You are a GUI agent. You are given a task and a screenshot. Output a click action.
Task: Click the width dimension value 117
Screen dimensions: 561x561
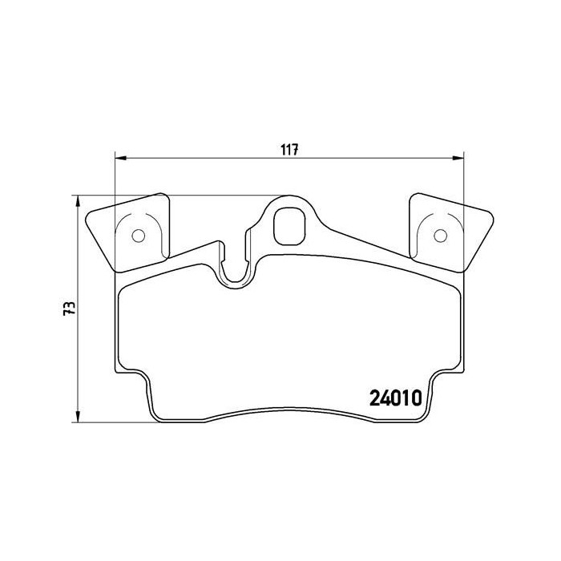point(289,147)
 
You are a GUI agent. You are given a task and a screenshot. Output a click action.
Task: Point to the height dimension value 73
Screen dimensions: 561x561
point(70,308)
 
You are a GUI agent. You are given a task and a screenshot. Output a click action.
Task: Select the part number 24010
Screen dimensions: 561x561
point(396,398)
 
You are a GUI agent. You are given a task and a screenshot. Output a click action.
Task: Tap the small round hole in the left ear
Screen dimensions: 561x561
point(137,236)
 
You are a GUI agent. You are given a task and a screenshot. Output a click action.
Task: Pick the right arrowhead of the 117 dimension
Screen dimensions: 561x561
point(458,157)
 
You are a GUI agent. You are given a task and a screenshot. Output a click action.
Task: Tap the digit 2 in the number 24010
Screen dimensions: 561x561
point(374,398)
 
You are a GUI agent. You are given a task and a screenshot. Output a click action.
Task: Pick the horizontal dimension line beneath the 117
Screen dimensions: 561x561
point(200,157)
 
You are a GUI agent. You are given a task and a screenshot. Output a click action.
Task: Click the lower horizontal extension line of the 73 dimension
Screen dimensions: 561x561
point(112,420)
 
